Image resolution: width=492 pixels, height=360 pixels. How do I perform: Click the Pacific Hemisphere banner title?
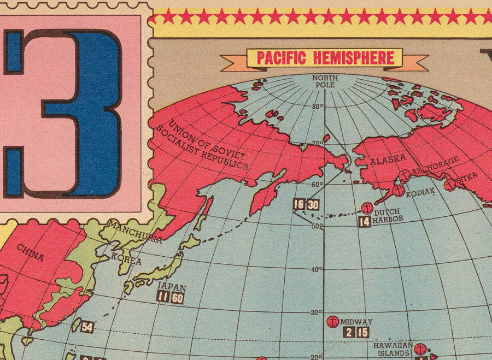[325, 58]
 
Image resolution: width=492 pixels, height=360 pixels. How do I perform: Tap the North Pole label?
[325, 81]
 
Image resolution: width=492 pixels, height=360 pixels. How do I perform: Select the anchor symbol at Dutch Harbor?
[367, 208]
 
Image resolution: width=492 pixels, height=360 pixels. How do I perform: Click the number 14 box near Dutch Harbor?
[365, 222]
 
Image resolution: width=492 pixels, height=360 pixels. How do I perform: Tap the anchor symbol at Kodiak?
[399, 191]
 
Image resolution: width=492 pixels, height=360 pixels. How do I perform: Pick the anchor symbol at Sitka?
[450, 185]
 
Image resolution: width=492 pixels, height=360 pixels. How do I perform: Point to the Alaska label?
[388, 160]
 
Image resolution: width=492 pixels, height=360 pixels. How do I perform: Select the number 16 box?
[298, 205]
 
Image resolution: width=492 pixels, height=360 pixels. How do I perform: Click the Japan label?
[172, 287]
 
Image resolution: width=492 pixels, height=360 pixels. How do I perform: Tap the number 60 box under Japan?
[177, 298]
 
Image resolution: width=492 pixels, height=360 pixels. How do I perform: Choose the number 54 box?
[87, 327]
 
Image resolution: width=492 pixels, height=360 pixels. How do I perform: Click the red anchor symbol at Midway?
[332, 322]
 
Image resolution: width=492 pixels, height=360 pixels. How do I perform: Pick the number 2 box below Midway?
[348, 332]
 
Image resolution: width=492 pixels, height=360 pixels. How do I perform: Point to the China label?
[31, 252]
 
